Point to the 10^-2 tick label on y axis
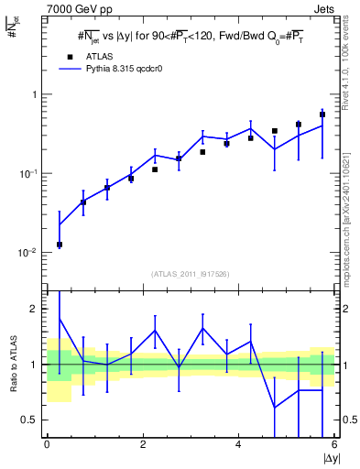click(x=27, y=253)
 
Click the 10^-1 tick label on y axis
click(x=27, y=174)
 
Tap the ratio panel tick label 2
click(x=35, y=309)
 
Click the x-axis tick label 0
click(x=47, y=445)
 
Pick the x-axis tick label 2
click(x=143, y=445)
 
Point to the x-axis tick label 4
click(x=238, y=445)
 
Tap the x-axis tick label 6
click(x=334, y=445)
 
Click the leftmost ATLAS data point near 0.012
click(x=60, y=245)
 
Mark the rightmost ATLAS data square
click(x=322, y=115)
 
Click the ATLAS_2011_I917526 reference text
click(x=191, y=274)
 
